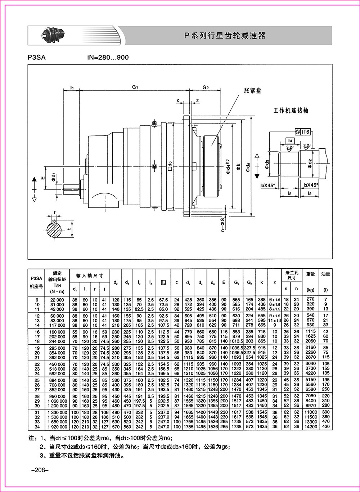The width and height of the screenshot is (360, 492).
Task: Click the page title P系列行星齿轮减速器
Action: [x=225, y=36]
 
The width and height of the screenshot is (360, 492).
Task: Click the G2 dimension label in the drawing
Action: [x=206, y=87]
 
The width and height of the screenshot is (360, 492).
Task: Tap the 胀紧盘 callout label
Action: [x=253, y=91]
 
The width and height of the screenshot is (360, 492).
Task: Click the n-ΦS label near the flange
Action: [x=223, y=223]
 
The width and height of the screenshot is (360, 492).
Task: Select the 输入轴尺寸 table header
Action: [x=90, y=276]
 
